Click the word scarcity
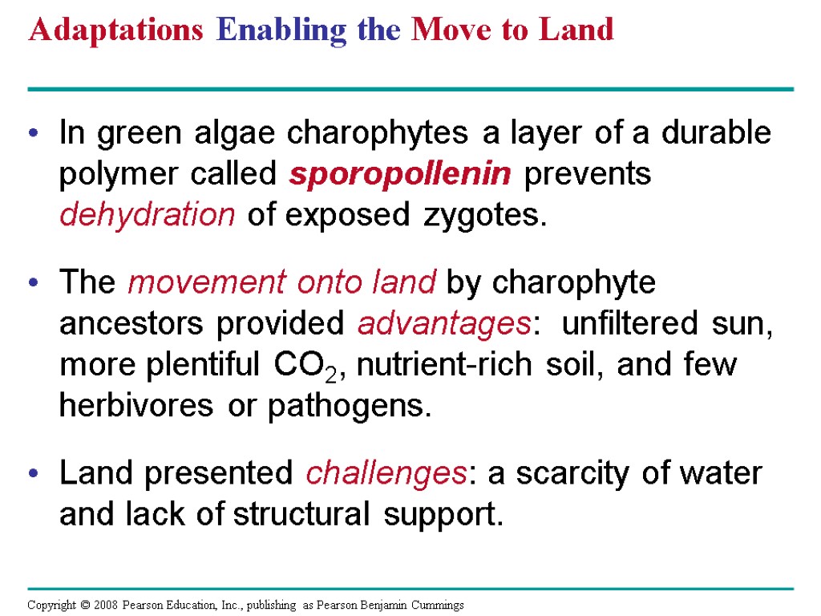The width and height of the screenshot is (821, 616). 574,473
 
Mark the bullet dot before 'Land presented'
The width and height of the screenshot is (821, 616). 33,474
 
